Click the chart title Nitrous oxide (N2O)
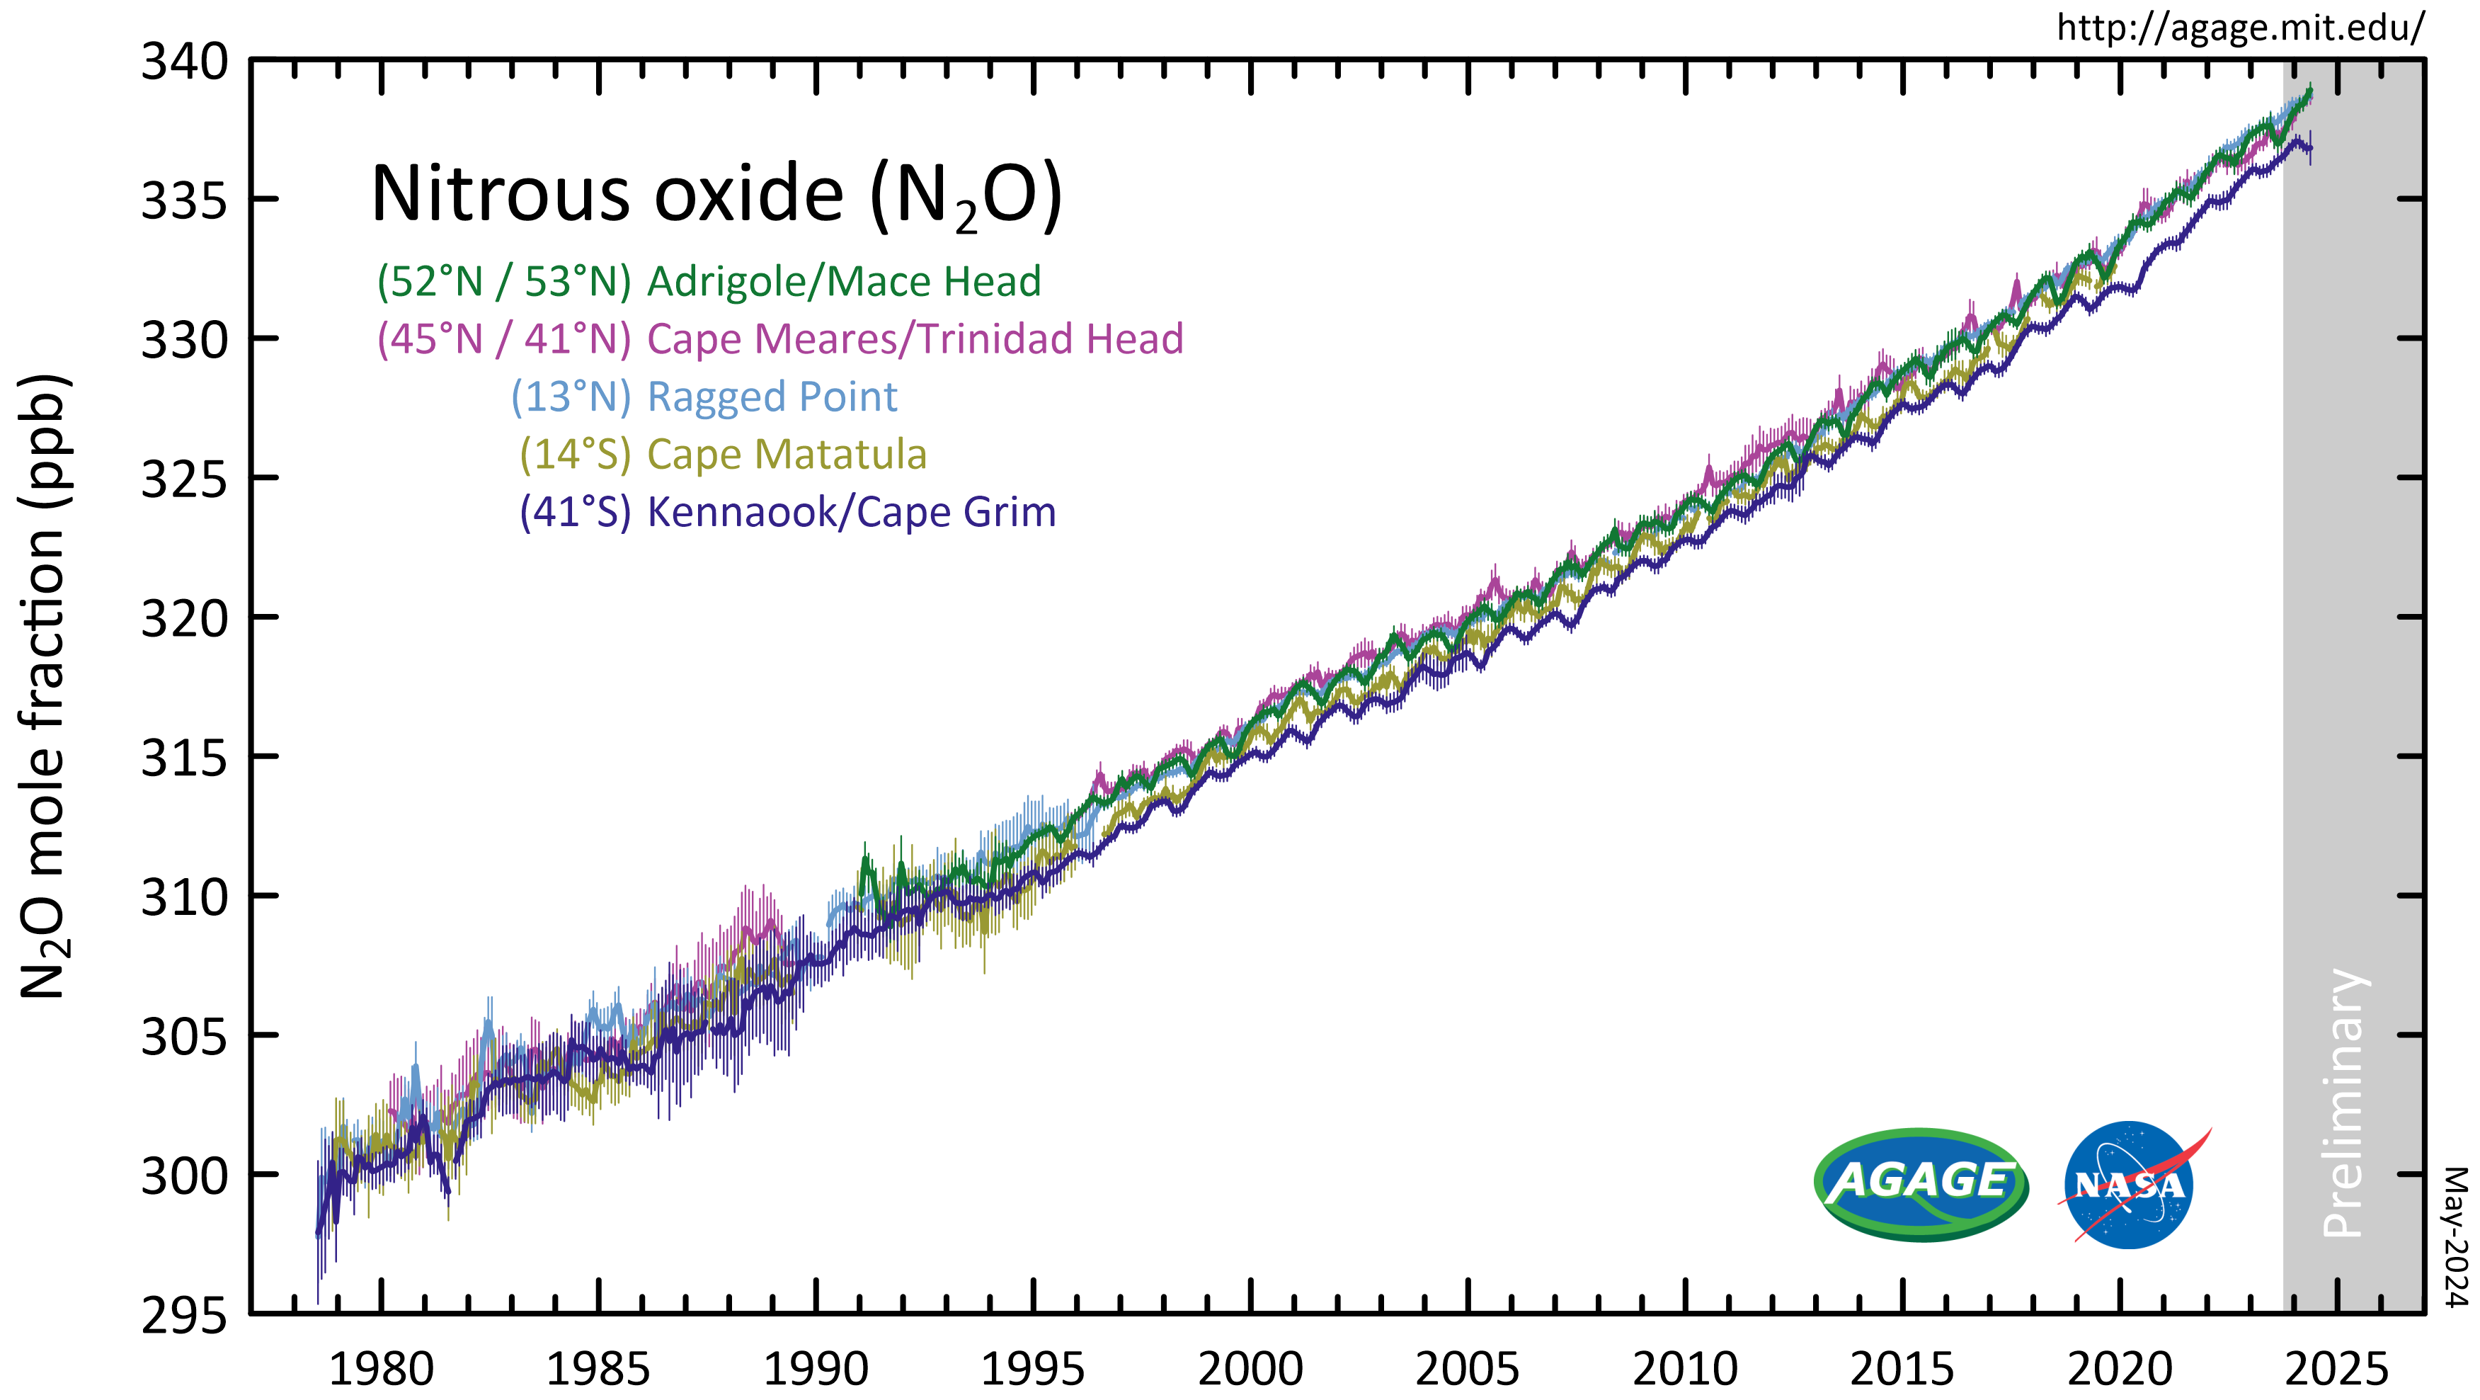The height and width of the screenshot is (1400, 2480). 716,195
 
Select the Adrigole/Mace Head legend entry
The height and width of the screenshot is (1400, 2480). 709,281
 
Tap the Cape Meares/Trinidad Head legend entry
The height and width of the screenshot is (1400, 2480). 779,339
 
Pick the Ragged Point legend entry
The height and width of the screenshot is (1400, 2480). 704,397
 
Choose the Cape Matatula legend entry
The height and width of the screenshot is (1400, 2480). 723,455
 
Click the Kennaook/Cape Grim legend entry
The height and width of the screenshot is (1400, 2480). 787,512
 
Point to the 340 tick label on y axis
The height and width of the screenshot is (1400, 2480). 185,64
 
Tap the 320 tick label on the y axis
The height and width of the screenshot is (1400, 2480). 185,619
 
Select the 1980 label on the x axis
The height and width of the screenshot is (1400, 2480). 382,1368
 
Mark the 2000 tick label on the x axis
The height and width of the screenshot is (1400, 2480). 1250,1368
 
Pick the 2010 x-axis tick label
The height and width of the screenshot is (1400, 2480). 1685,1368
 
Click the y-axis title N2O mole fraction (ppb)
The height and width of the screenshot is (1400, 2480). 43,685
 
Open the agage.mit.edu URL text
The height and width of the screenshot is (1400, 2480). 2240,28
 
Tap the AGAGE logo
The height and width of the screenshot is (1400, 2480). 1921,1183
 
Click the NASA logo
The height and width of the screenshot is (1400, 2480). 2130,1184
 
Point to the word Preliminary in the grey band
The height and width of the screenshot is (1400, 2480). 2343,1103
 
